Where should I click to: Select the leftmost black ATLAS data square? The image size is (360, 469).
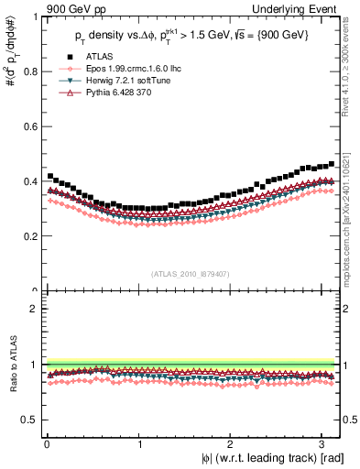point(50,175)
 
